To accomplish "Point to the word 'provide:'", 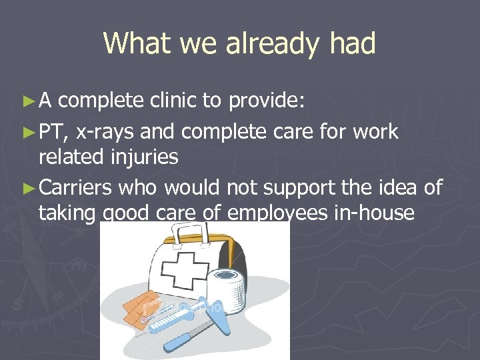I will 267,101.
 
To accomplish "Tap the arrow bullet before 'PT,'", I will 27,133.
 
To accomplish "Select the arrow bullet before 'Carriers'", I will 27,189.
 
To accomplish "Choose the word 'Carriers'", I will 75,188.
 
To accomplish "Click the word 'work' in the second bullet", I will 375,132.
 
